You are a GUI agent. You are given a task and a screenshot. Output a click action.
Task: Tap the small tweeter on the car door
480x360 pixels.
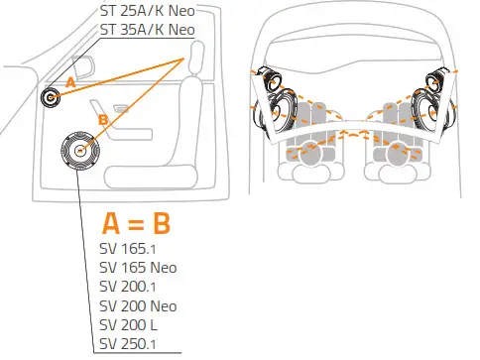(x=50, y=98)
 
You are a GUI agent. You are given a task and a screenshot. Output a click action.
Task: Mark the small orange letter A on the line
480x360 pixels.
(x=69, y=84)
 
